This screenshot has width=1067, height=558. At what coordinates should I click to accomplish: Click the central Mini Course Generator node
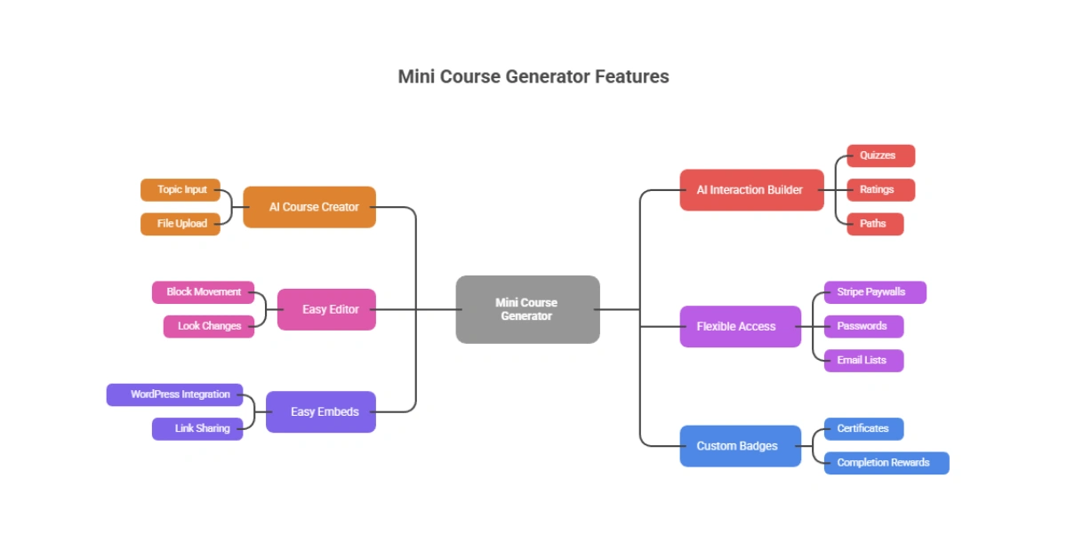pyautogui.click(x=527, y=309)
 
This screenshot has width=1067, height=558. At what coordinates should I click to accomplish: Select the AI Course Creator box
pyautogui.click(x=309, y=207)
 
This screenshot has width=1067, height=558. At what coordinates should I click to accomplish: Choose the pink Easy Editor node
pyautogui.click(x=326, y=309)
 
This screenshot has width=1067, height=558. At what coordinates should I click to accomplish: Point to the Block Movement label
pyautogui.click(x=204, y=292)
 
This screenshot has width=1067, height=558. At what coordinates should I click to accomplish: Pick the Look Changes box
pyautogui.click(x=209, y=326)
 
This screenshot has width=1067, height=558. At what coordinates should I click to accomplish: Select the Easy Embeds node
pyautogui.click(x=321, y=412)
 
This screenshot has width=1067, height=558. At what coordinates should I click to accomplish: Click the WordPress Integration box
pyautogui.click(x=175, y=395)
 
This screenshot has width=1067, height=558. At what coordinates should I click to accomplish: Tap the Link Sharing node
pyautogui.click(x=197, y=429)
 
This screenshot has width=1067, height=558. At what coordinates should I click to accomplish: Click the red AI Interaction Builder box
pyautogui.click(x=751, y=190)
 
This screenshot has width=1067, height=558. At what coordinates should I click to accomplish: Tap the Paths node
pyautogui.click(x=875, y=224)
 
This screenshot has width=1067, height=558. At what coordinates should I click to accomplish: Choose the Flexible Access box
pyautogui.click(x=740, y=326)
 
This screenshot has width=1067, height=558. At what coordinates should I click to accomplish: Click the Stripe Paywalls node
pyautogui.click(x=875, y=292)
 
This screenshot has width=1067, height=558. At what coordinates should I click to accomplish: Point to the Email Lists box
pyautogui.click(x=863, y=361)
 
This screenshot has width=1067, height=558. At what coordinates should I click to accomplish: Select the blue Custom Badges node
pyautogui.click(x=740, y=446)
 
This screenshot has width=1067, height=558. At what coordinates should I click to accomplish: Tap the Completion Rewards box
pyautogui.click(x=886, y=463)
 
